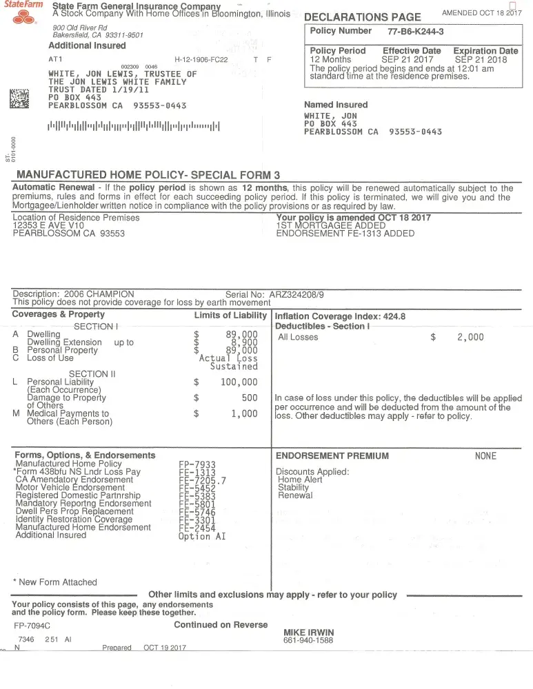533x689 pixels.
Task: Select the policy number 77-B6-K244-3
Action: (x=416, y=32)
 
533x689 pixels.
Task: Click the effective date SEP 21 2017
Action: (x=412, y=60)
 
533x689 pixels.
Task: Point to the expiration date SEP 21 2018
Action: (x=482, y=60)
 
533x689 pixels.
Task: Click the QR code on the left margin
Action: (x=19, y=99)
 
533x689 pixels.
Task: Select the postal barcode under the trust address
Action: (x=134, y=126)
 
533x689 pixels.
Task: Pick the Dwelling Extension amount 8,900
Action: (x=244, y=342)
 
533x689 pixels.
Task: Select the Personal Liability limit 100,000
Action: (x=239, y=382)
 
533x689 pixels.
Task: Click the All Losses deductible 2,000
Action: (x=470, y=337)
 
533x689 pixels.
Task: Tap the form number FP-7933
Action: (x=197, y=465)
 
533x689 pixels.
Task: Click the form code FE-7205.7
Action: (x=202, y=480)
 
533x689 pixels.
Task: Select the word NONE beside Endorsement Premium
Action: (x=485, y=456)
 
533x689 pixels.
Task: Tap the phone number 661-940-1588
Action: (x=308, y=641)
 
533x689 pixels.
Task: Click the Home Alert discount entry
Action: (x=300, y=480)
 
